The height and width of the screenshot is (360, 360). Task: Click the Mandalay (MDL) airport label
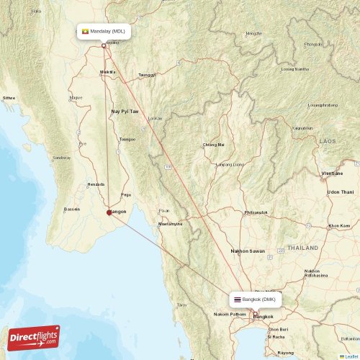pos(104,32)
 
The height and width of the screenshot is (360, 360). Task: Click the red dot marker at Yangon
pos(109,212)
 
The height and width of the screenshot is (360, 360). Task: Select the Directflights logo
pos(35,337)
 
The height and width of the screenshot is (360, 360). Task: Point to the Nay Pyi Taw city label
pos(125,112)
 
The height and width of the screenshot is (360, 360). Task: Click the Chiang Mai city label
pos(213,144)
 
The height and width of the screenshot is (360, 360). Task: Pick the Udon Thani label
pos(341,192)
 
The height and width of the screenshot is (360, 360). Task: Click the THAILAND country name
pos(303,247)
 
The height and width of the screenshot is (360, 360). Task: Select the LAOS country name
pos(328,141)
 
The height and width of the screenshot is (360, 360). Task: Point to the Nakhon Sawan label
pos(248,251)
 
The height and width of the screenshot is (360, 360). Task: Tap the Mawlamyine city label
pos(171,224)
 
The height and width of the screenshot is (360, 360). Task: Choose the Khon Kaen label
pos(339,226)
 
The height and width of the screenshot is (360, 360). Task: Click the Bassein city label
pos(72,210)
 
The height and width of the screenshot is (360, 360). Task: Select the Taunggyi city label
pos(146,74)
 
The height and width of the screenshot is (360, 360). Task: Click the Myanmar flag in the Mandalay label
pos(86,32)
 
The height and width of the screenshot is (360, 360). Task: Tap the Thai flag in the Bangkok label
pos(237,299)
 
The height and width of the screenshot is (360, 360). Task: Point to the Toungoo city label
pos(127,139)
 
